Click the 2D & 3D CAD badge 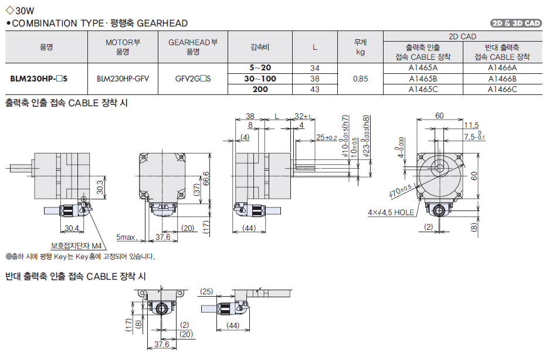point(516,23)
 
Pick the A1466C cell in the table point(502,89)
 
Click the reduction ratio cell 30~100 point(260,78)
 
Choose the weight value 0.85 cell point(360,78)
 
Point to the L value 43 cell point(314,89)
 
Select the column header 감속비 point(260,47)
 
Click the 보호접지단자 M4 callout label point(76,246)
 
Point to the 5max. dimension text point(127,237)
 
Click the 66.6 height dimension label point(205,178)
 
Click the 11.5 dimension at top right point(471,125)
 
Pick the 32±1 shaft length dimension point(302,116)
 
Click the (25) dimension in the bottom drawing point(206,291)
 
